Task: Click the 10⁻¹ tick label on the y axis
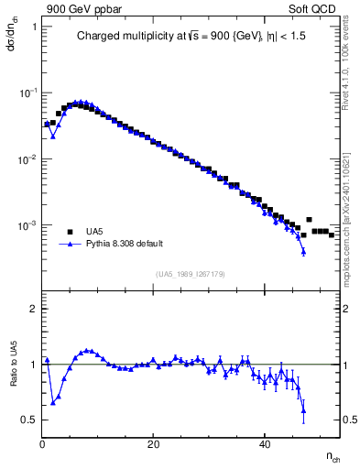click(27, 93)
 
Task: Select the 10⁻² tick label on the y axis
click(27, 159)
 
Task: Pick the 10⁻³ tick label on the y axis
click(27, 225)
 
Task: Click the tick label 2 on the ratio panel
click(32, 309)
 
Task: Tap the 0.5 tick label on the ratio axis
click(28, 420)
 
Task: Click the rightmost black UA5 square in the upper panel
click(331, 234)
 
